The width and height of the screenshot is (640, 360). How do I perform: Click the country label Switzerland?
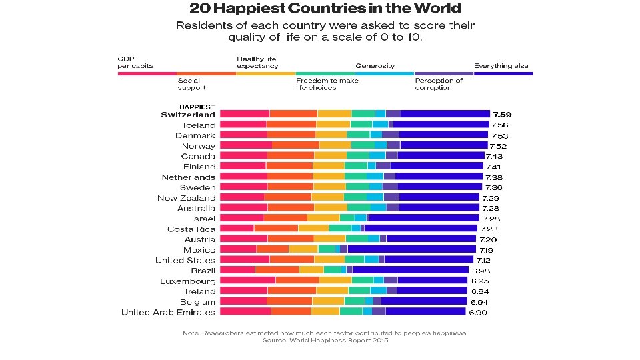tap(188, 115)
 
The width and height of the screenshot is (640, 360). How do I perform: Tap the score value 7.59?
tap(500, 115)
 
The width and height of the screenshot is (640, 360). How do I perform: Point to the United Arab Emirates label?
tap(168, 312)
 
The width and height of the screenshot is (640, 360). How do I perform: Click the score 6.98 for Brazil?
tap(480, 271)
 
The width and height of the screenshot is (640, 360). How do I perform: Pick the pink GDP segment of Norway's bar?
tap(245, 145)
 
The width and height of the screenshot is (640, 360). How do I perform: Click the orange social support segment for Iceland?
tap(291, 125)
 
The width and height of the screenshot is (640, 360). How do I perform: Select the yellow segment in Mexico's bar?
tap(303, 249)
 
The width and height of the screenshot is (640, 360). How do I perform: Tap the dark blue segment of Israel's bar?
tap(423, 218)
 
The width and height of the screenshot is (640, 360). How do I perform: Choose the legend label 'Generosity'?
tap(375, 66)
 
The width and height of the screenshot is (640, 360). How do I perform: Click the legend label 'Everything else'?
tap(501, 66)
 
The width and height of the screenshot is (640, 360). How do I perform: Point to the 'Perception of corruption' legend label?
tap(438, 84)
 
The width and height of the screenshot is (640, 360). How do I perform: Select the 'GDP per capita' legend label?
tap(136, 63)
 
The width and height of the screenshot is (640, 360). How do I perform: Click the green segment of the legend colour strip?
tap(325, 73)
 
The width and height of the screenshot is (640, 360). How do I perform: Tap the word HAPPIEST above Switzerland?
tap(197, 107)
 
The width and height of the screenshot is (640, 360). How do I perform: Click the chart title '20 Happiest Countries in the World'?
tap(325, 9)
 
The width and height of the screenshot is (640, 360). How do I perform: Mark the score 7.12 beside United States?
tap(483, 260)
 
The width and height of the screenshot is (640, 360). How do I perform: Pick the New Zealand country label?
tap(186, 198)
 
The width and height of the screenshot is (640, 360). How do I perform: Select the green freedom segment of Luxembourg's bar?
tap(362, 281)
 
